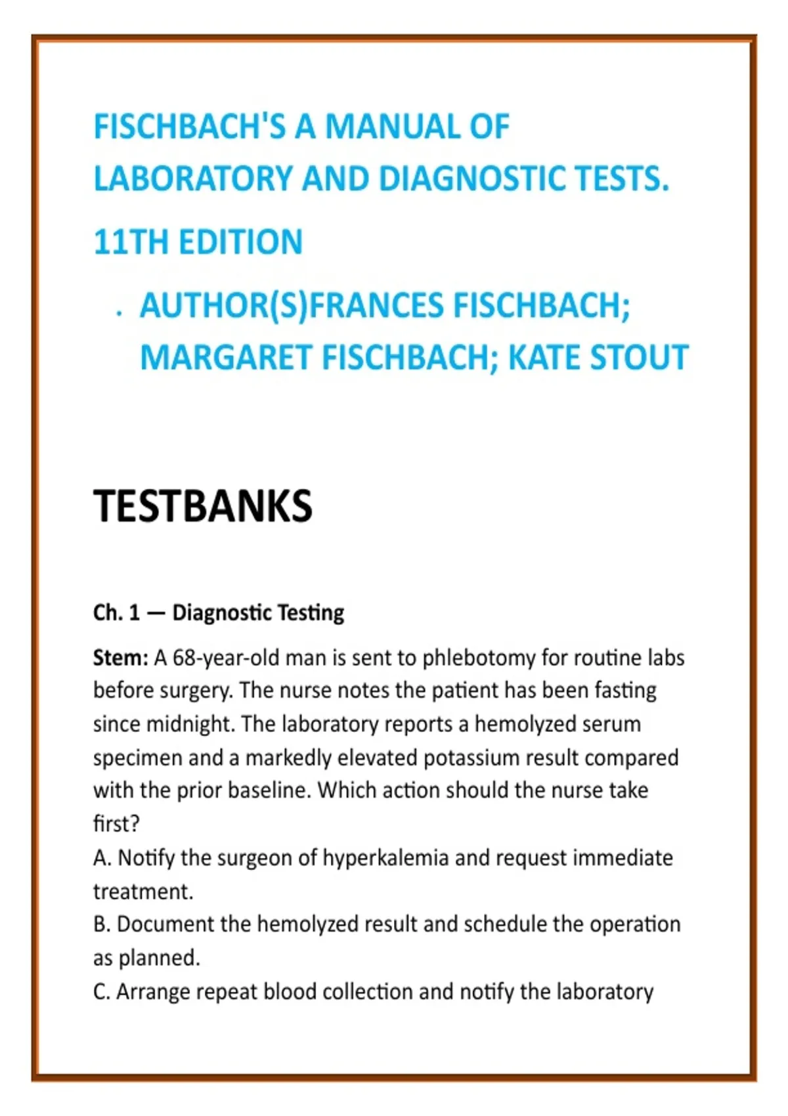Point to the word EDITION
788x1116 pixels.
[240, 242]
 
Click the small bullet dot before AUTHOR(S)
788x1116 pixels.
[119, 314]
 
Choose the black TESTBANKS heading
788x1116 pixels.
[202, 506]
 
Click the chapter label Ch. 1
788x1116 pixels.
[116, 612]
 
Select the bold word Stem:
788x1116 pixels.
[121, 657]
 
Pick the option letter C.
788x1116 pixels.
[101, 991]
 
